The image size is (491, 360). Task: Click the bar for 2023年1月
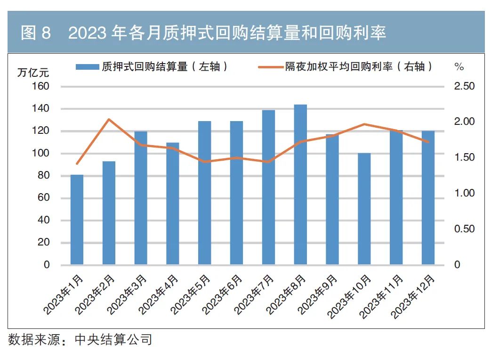click(77, 220)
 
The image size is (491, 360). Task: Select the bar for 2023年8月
click(300, 185)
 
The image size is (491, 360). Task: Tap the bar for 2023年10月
click(364, 209)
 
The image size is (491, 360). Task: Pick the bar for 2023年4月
click(173, 204)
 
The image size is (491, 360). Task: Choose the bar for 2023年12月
click(428, 198)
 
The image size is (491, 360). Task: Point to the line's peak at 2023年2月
click(109, 119)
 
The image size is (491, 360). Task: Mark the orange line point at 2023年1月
click(77, 164)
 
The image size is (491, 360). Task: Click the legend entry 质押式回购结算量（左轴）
click(153, 67)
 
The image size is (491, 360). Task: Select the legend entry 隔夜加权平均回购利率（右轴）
click(346, 67)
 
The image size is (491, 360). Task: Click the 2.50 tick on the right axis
click(464, 86)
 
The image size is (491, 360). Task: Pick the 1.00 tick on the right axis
click(464, 193)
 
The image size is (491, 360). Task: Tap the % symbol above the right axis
click(459, 67)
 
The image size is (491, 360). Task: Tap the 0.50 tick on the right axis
click(464, 229)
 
